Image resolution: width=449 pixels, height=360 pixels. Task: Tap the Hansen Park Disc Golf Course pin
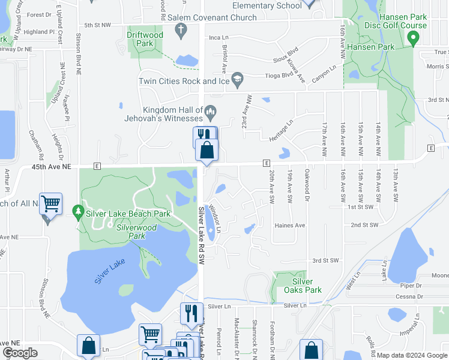tap(412, 39)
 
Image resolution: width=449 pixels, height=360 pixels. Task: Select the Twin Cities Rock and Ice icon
tap(238, 79)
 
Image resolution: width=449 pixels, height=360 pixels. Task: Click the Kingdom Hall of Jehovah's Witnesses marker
tap(210, 111)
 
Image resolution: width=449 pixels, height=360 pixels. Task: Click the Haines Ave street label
tap(290, 226)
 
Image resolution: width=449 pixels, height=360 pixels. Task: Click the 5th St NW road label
tap(98, 25)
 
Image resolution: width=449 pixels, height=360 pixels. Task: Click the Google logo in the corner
tap(20, 352)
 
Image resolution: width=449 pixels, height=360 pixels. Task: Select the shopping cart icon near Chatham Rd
tap(51, 204)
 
